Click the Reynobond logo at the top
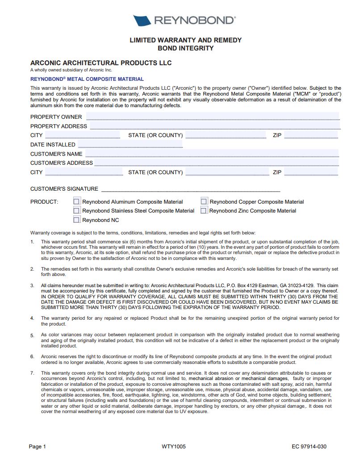point(184,21)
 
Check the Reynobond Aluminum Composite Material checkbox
point(77,202)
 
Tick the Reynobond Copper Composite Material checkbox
point(204,202)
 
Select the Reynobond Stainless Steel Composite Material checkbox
point(77,211)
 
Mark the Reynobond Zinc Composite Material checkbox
point(204,211)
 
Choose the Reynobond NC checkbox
point(77,220)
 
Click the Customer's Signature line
point(191,190)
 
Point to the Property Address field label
point(59,126)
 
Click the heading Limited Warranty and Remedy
point(185,40)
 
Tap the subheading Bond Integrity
point(185,48)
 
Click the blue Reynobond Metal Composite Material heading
point(87,79)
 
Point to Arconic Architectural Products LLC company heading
point(101,63)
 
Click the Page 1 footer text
point(38,447)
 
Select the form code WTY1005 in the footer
point(174,447)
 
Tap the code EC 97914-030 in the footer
point(309,447)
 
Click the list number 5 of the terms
point(32,335)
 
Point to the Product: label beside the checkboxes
point(44,202)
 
